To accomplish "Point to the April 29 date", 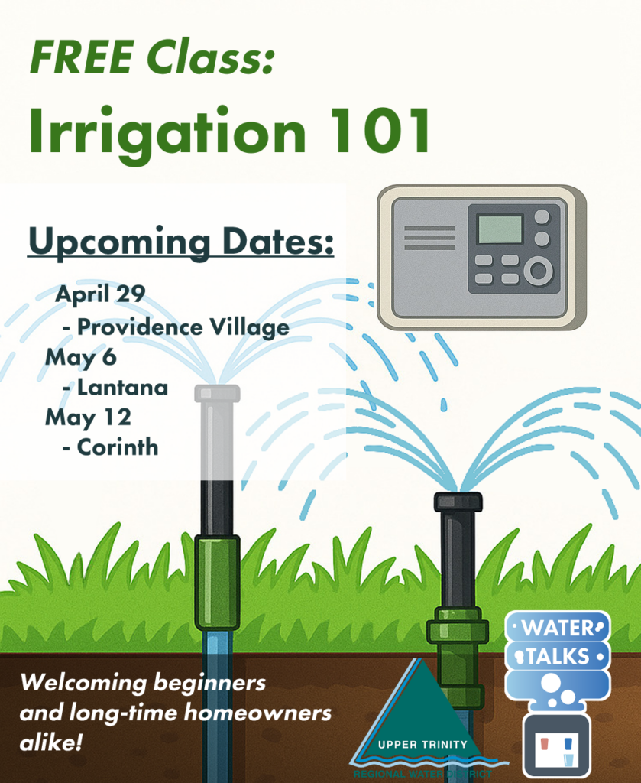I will pos(100,293).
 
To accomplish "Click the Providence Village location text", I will pos(183,327).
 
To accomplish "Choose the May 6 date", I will pos(76,356).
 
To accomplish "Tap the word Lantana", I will pos(122,387).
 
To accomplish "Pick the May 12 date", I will pos(88,417).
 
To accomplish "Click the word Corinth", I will pos(118,447).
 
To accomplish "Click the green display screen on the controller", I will pos(500,229).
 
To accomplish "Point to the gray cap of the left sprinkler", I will pos(217,393).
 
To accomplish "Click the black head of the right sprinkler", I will pos(458,502).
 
